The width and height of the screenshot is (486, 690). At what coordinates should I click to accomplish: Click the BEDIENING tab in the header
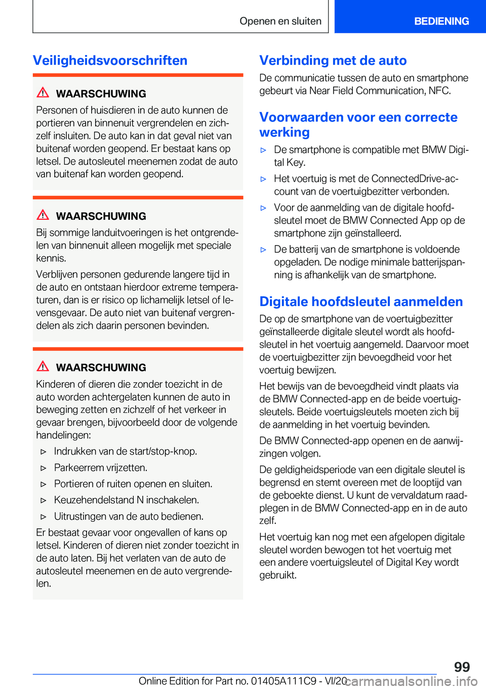(441, 21)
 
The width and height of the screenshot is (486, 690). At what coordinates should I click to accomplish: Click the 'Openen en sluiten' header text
(280, 21)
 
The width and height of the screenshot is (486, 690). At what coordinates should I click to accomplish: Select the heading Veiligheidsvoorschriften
(110, 60)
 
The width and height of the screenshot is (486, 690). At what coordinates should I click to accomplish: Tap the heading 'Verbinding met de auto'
(333, 60)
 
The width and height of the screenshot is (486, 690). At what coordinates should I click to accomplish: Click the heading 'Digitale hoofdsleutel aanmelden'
(360, 301)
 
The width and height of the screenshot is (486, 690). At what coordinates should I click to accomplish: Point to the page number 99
(462, 667)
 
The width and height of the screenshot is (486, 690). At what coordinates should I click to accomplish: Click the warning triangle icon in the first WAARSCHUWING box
(43, 93)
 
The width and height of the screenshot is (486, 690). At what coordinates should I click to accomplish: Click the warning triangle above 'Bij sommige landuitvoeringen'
(43, 215)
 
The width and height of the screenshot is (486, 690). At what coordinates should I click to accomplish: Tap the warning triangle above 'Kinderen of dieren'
(43, 366)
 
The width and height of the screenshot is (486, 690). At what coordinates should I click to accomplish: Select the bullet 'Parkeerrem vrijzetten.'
(101, 468)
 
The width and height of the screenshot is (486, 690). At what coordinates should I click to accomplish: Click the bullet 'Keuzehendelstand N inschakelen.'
(126, 500)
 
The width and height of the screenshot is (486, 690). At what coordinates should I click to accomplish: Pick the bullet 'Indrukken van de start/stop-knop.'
(126, 451)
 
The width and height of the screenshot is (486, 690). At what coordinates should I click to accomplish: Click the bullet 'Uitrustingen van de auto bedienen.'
(129, 516)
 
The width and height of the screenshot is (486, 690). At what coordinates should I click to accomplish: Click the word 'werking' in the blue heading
(285, 132)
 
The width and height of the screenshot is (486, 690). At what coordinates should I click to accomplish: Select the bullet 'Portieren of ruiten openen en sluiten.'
(133, 484)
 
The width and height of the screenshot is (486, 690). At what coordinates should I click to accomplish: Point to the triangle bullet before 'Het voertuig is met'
(263, 179)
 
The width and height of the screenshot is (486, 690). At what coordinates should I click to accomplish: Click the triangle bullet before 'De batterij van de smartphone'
(263, 250)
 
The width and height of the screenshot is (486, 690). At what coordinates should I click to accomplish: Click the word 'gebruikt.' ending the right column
(278, 575)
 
